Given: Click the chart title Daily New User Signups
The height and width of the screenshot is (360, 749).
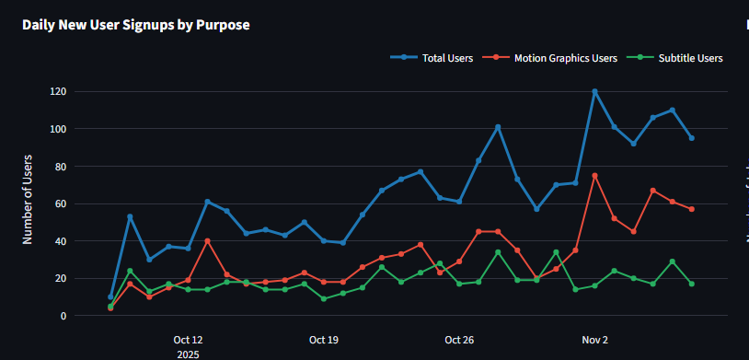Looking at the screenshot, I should tap(135, 25).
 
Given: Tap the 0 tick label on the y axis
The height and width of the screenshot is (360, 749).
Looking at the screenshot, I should tap(89, 316).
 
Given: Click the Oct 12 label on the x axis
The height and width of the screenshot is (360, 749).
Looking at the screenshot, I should tap(188, 340).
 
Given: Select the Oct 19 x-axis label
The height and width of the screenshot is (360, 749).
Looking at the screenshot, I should tap(324, 340).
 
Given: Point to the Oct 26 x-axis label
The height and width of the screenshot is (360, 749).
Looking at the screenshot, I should tap(459, 340).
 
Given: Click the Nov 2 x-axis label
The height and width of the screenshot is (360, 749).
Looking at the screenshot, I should tap(594, 340).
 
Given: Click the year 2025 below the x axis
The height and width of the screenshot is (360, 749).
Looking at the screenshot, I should tap(188, 354).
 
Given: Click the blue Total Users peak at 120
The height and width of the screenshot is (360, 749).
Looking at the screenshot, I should tap(595, 91).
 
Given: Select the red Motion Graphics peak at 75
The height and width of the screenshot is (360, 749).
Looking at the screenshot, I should tap(595, 175).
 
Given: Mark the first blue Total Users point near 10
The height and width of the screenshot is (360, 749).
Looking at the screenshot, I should tap(110, 297).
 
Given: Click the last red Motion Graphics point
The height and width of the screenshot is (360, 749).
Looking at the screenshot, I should tap(692, 209).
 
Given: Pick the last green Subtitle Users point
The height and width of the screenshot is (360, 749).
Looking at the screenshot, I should tap(692, 284).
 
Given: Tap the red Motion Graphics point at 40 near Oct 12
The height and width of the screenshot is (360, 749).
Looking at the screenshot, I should tap(208, 241).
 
